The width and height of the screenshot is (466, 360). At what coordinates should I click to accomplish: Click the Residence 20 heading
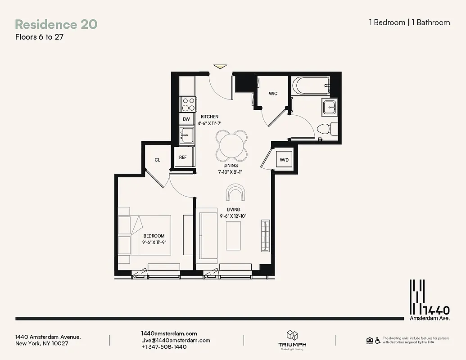56,24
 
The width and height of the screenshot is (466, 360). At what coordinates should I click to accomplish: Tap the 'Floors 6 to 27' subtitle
39,37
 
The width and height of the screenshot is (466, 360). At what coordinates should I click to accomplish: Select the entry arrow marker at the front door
220,67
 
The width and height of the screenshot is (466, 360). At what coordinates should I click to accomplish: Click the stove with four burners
188,104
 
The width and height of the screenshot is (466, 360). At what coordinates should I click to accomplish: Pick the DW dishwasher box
186,119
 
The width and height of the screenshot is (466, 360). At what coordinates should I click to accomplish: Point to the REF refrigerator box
183,157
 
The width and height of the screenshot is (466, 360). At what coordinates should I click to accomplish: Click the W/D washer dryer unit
284,160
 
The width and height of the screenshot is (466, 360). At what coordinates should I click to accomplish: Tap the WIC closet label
273,94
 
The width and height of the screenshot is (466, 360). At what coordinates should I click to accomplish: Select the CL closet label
157,160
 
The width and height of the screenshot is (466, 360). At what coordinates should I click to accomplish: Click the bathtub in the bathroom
311,85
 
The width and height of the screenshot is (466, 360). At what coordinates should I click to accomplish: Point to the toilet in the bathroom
326,129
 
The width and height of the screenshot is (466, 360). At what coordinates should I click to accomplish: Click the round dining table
231,145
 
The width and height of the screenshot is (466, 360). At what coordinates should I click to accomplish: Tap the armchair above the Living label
236,193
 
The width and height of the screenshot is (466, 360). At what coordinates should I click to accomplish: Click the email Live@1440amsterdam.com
176,340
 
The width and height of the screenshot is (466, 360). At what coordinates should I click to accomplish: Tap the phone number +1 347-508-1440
164,347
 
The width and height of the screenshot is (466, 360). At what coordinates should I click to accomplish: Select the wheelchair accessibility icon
377,341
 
